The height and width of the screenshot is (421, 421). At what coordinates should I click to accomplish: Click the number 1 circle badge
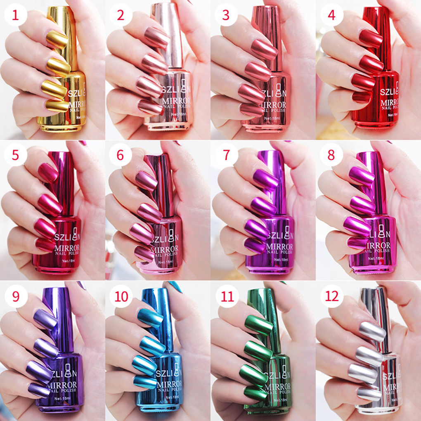tap(16, 16)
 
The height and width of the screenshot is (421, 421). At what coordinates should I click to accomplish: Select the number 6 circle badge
tap(121, 156)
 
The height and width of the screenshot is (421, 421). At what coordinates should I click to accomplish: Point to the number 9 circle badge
tap(16, 296)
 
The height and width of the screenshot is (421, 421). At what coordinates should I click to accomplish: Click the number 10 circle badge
tap(121, 296)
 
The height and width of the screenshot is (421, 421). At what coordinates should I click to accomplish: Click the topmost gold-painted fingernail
tap(57, 40)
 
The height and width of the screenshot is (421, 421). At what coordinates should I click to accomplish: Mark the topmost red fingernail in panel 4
tap(370, 38)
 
